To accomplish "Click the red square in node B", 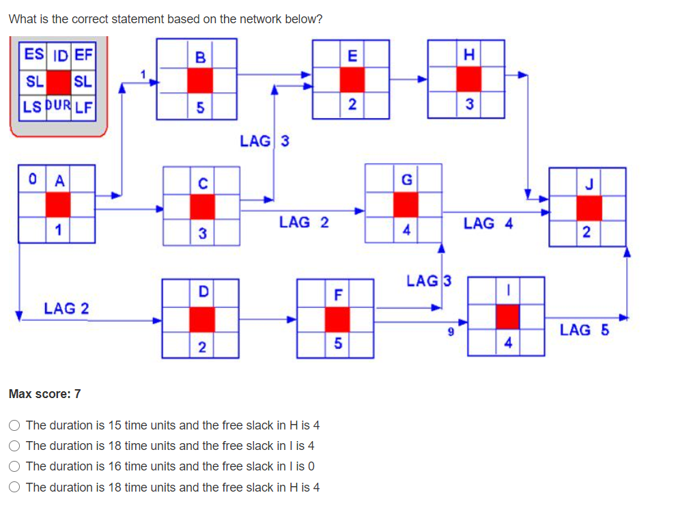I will tap(200, 81).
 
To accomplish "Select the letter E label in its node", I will tap(351, 57).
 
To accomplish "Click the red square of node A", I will tap(58, 204).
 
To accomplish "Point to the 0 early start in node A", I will tap(31, 181).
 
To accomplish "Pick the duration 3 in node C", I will tap(202, 233).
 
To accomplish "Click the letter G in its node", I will tap(406, 180).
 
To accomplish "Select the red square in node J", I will tap(589, 208).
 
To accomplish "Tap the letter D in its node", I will tap(202, 292).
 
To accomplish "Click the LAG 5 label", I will tap(584, 330).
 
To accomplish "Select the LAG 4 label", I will tap(488, 223).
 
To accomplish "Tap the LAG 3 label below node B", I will tap(264, 141).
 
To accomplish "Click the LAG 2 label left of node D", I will tap(66, 309).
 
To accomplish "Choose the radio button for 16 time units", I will tap(14, 466).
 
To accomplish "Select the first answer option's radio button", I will tap(14, 425).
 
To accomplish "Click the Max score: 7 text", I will tap(45, 394).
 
